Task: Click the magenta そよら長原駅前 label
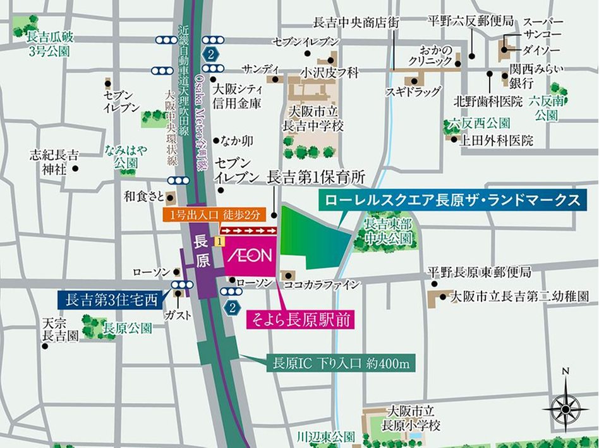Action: click(299, 319)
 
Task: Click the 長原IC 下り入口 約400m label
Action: click(341, 364)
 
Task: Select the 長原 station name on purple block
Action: click(202, 251)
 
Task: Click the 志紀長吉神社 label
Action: click(54, 161)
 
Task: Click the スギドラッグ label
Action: click(413, 92)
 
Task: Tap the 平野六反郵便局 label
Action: click(471, 21)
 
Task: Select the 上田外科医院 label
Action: click(497, 140)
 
